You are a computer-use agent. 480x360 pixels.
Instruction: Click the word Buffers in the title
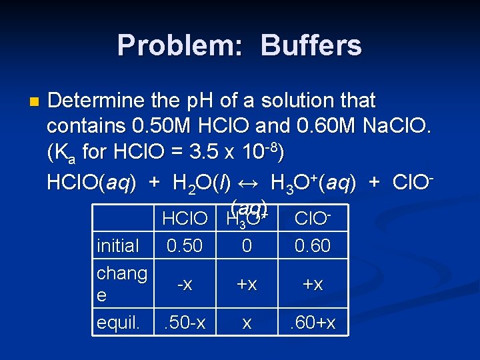[x=311, y=46]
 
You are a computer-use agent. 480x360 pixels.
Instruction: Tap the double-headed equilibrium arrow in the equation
[x=251, y=181]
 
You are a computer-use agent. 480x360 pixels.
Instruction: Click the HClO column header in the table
[x=185, y=219]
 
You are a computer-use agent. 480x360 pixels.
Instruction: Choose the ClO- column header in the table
[x=312, y=219]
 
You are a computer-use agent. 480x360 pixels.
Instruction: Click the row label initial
[x=118, y=246]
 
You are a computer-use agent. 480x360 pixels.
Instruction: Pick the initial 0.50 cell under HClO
[x=185, y=246]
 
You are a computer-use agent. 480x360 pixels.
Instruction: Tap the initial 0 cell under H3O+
[x=247, y=246]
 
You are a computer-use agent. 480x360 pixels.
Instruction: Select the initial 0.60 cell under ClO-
[x=312, y=246]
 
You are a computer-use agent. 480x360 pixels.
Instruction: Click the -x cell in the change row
[x=185, y=285]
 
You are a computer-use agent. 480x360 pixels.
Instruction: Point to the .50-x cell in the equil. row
[x=185, y=323]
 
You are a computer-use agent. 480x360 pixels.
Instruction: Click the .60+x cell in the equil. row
[x=312, y=323]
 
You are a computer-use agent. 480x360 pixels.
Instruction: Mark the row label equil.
[x=119, y=323]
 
